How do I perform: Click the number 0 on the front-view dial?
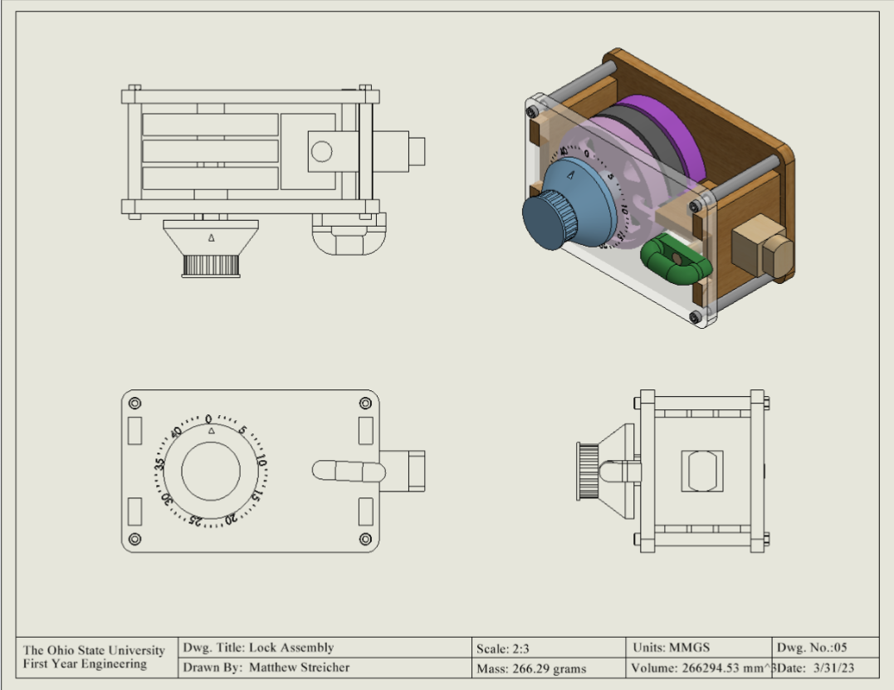[209, 419]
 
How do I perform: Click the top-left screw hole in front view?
[134, 404]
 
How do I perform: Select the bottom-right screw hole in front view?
[365, 539]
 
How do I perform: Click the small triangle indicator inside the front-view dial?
[211, 432]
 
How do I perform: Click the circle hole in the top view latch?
[321, 151]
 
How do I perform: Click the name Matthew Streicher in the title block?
[299, 668]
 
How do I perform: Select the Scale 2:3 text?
[503, 648]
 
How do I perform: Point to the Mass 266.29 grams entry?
[531, 668]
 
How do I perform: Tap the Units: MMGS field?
[671, 648]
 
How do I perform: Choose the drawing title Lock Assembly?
[291, 648]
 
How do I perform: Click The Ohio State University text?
[94, 650]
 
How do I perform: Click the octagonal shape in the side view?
[701, 471]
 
